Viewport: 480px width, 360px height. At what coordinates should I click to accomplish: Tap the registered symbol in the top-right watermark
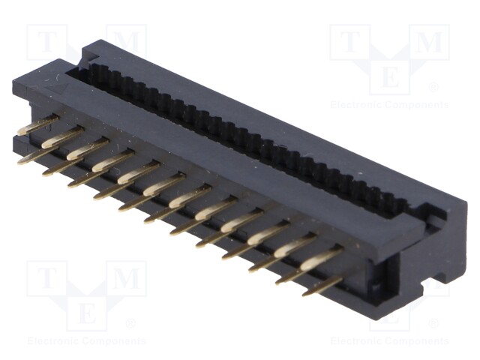click(433, 88)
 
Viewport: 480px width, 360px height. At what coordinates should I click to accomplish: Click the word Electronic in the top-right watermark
click(358, 105)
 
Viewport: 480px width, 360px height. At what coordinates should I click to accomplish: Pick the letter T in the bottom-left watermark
click(46, 279)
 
